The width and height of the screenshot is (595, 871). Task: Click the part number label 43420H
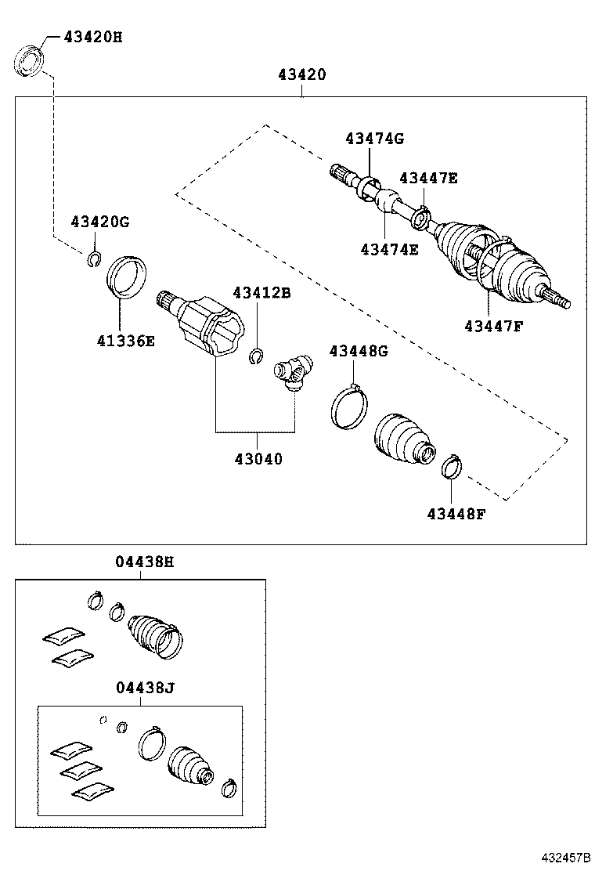[x=92, y=37]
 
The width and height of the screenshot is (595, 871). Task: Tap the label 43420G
[x=99, y=222]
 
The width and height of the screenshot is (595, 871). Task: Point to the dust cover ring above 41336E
[x=127, y=276]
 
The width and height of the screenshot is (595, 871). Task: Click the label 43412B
[x=261, y=292]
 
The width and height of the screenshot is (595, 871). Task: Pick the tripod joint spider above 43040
[x=294, y=370]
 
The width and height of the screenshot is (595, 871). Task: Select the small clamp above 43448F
[x=452, y=467]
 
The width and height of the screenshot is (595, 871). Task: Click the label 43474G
[x=374, y=139]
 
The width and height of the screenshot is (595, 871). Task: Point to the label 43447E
[x=428, y=178]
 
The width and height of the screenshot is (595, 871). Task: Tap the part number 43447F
[x=492, y=325]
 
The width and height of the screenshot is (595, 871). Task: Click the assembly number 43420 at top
[x=301, y=75]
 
